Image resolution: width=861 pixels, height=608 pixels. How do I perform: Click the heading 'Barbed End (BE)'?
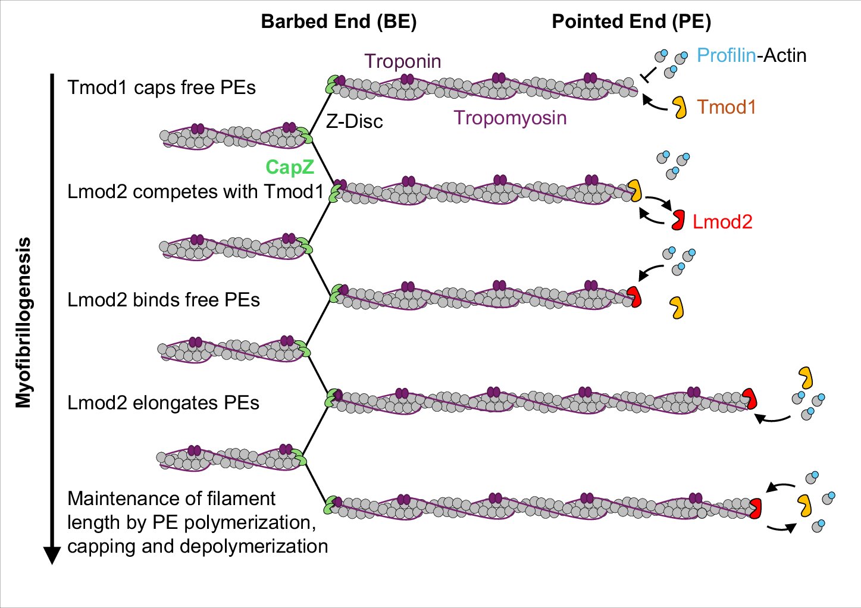point(339,21)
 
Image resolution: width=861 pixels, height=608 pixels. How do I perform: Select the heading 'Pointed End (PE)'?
point(631,21)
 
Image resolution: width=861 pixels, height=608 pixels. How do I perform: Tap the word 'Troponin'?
point(403,61)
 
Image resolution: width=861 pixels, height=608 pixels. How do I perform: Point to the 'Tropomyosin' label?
point(510,118)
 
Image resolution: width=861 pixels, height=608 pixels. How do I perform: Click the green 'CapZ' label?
point(290,167)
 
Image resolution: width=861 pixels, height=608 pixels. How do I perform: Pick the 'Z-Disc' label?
point(355,121)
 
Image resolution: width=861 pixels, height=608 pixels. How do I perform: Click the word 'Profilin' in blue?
point(727,55)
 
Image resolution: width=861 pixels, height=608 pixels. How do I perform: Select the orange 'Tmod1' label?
point(726,107)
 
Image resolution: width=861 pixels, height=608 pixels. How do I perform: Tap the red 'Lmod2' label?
point(722,222)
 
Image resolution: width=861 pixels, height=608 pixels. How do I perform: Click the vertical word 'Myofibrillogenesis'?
point(23,322)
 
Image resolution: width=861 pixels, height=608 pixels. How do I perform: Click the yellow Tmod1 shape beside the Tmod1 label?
point(680,108)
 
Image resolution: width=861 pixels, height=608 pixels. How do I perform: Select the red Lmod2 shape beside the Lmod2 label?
point(678,220)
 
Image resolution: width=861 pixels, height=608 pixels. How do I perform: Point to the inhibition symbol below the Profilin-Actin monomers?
point(649,74)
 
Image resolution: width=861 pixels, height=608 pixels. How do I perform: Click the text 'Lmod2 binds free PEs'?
point(164,300)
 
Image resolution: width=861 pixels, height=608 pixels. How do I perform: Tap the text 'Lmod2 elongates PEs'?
point(164,403)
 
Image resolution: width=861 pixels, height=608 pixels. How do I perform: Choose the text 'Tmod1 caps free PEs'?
point(161,87)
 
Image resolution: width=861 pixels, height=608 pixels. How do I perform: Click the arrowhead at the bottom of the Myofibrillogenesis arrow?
point(52,554)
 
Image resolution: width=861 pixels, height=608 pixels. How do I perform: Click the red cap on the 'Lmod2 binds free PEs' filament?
point(635,297)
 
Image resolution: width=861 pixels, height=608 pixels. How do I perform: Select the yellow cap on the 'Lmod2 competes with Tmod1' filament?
point(635,190)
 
